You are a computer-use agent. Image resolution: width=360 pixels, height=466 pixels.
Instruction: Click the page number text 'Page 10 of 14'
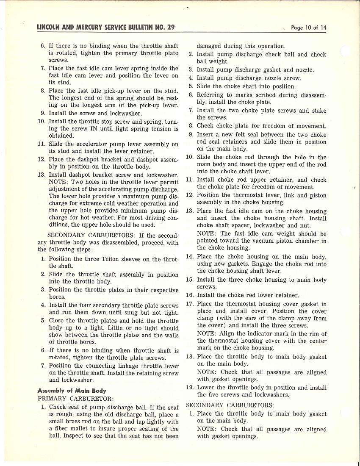[308, 28]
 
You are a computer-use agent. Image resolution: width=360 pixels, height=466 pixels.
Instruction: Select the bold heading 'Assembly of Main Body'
[72, 391]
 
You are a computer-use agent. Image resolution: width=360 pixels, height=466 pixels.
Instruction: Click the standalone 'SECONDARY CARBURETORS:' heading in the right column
[230, 405]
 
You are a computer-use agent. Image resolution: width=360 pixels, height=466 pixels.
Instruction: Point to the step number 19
[190, 388]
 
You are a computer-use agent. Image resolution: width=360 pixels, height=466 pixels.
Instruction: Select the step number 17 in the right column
[190, 304]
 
